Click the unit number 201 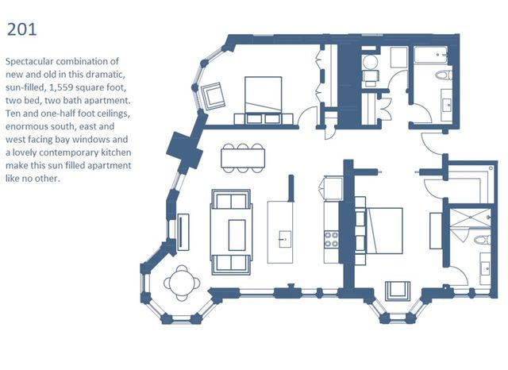point(21,29)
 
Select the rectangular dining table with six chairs point(243,158)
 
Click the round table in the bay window point(182,283)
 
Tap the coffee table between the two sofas point(237,235)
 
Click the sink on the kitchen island point(285,240)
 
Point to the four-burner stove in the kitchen point(332,239)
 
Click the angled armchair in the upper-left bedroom point(213,96)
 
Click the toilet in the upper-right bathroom point(443,75)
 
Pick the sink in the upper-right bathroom point(447,105)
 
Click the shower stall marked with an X point(470,218)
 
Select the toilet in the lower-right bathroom point(482,240)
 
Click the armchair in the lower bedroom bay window point(398,291)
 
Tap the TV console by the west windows point(183,232)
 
